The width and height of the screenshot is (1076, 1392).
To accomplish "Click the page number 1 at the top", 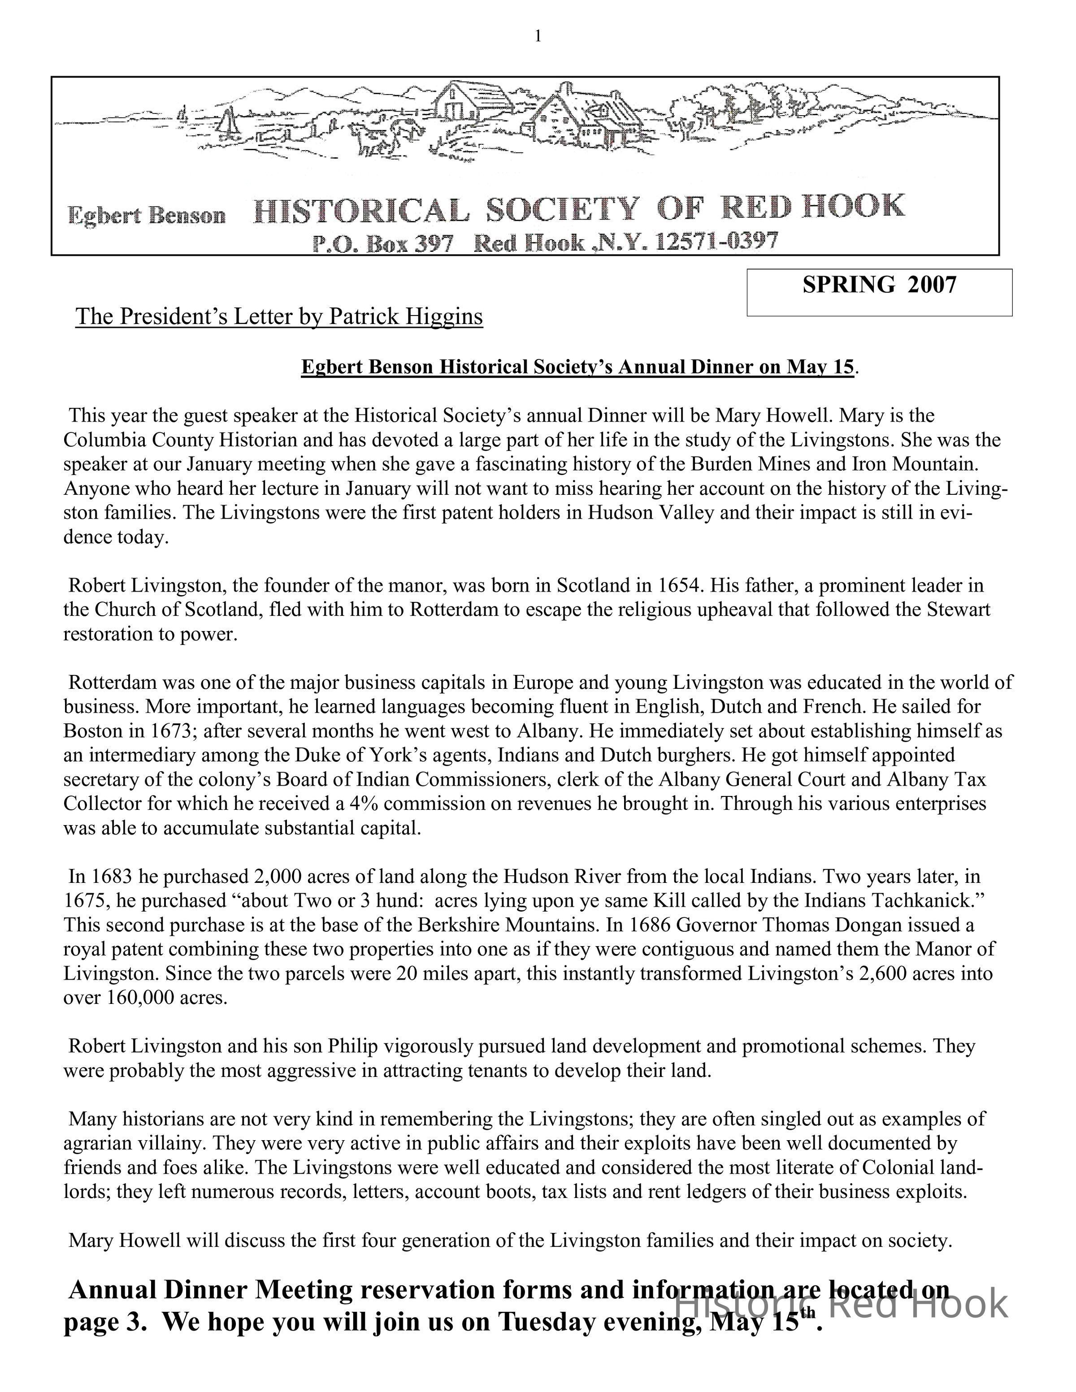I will coord(538,37).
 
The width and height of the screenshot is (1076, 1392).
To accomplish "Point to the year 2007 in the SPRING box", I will coord(932,284).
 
